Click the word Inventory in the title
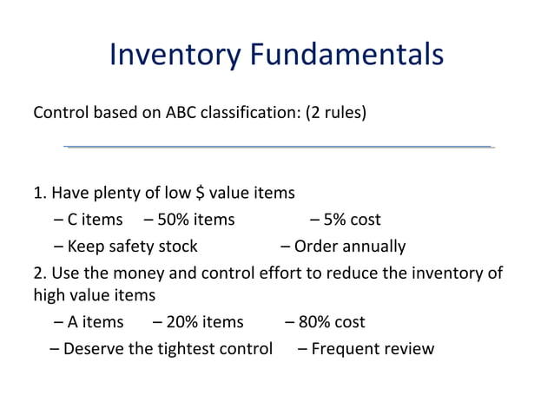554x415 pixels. (x=175, y=56)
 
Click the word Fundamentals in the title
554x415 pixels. (x=346, y=56)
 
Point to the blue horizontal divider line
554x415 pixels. (x=278, y=147)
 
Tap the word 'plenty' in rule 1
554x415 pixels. (x=107, y=193)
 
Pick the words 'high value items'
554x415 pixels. (x=94, y=295)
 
